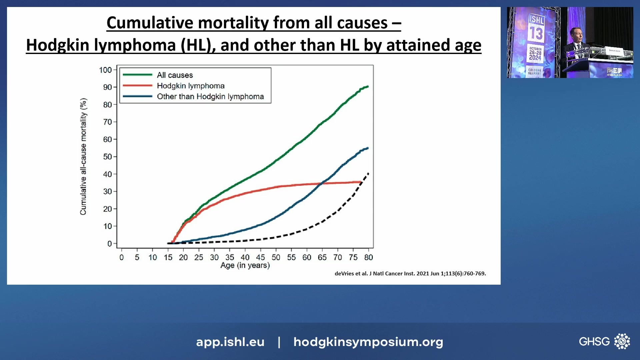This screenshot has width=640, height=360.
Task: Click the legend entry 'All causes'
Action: (175, 75)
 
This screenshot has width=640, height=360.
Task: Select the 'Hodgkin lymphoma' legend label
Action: (191, 86)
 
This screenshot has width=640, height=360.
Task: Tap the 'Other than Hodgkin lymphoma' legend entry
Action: (210, 96)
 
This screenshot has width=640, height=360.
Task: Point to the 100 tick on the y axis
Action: (105, 70)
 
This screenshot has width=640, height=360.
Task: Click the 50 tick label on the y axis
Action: (107, 157)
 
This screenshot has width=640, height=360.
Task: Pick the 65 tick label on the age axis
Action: (322, 257)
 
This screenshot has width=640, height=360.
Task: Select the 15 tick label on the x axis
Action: (168, 257)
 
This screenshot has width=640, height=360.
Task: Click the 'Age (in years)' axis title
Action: (245, 265)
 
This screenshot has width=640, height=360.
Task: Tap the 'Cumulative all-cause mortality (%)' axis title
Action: (83, 157)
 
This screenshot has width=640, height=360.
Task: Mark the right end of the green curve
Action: (368, 87)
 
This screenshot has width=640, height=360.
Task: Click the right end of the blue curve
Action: (368, 148)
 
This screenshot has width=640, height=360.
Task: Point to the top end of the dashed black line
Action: (368, 173)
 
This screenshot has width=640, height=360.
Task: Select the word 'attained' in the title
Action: (417, 45)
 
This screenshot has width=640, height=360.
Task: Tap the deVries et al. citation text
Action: (410, 273)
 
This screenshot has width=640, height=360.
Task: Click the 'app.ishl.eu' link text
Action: (230, 342)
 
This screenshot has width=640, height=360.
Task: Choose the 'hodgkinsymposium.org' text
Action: (368, 342)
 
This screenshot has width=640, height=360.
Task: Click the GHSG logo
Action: (604, 341)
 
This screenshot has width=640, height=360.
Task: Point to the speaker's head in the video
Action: (576, 33)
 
